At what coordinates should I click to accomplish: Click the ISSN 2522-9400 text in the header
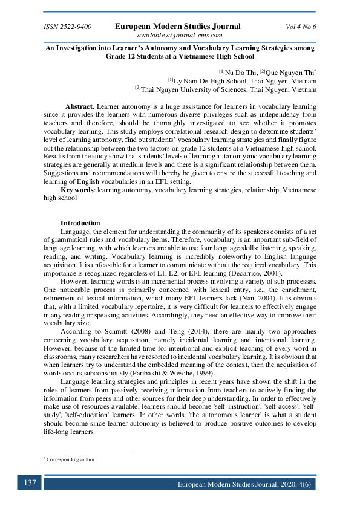click(x=67, y=27)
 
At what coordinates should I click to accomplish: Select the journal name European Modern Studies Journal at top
click(x=177, y=26)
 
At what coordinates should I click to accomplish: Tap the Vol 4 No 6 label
click(x=300, y=27)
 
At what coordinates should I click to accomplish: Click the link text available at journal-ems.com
click(x=180, y=35)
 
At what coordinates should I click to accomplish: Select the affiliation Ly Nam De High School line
click(x=244, y=80)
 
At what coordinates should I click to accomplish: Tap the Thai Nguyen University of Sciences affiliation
click(x=228, y=89)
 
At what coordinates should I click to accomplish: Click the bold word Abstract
click(x=79, y=106)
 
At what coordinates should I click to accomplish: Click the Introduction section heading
click(x=80, y=223)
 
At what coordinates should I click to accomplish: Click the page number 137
click(x=30, y=484)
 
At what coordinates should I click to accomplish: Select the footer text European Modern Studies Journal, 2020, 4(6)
click(x=246, y=485)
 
